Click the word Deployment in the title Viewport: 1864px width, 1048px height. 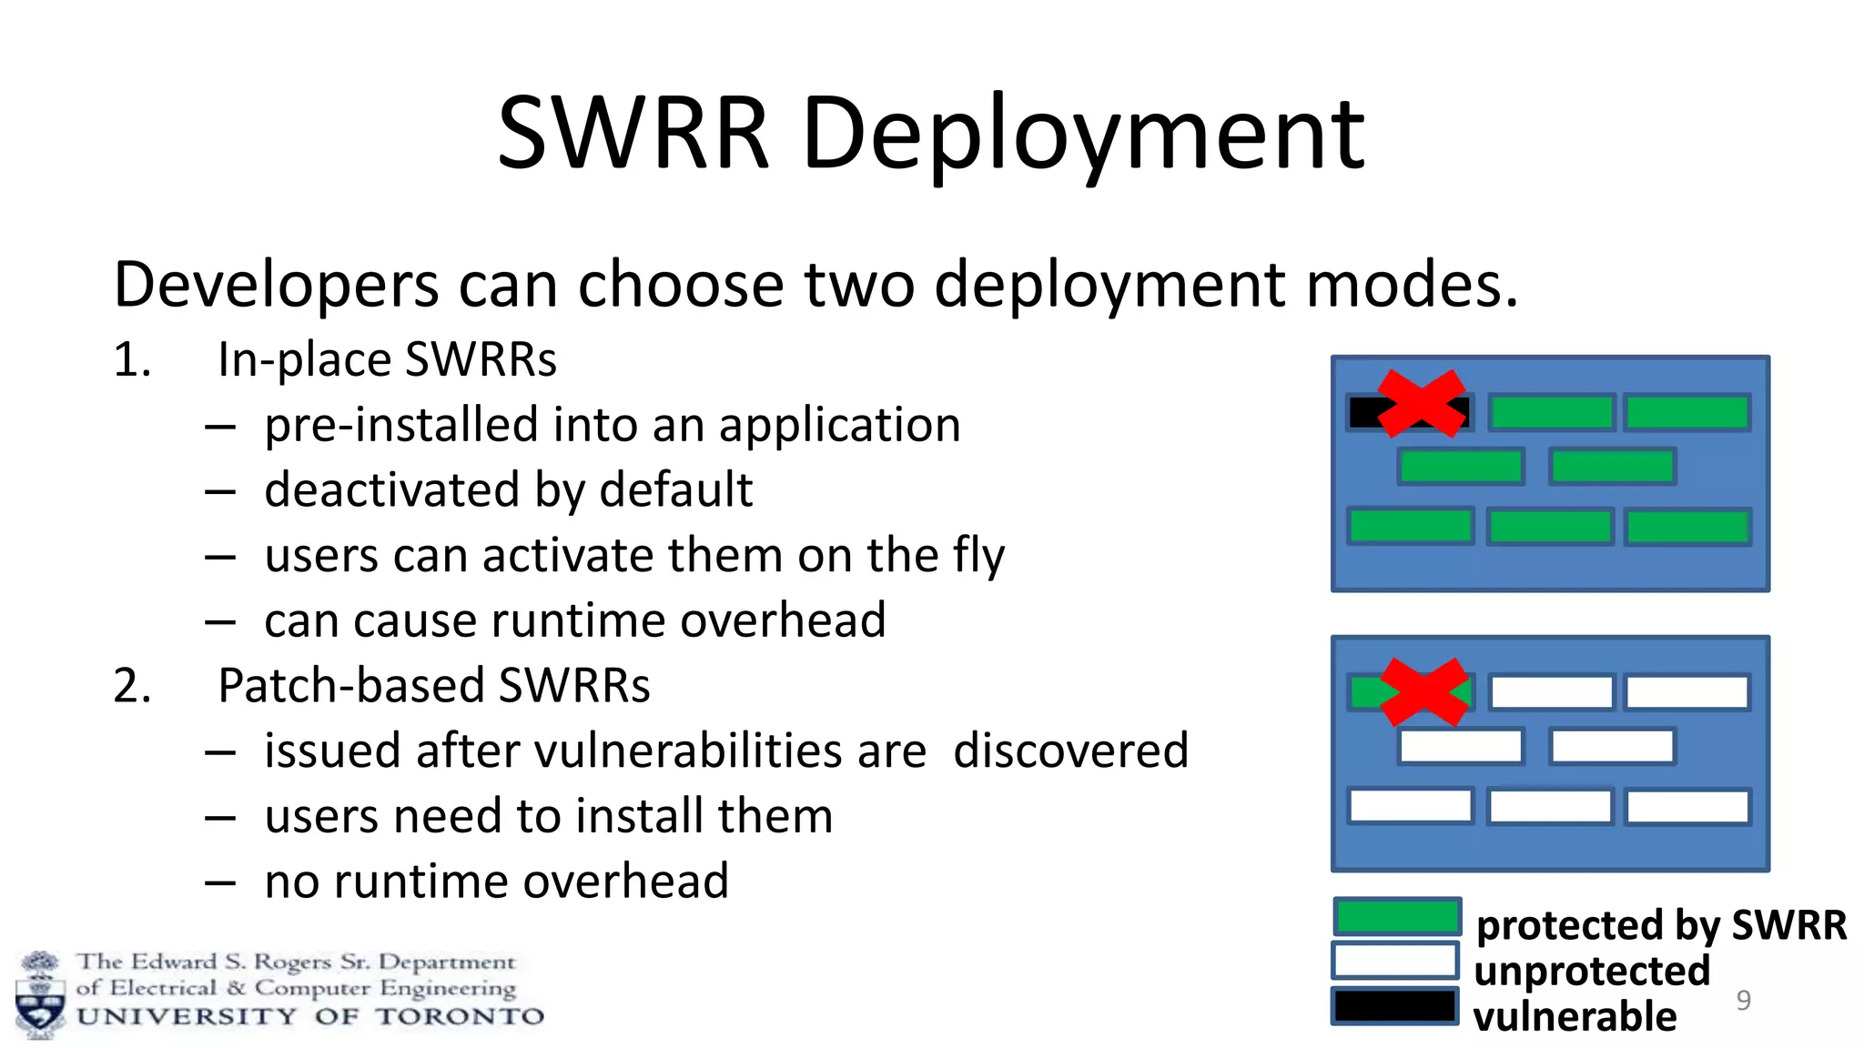click(1083, 135)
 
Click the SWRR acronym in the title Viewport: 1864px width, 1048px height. click(633, 135)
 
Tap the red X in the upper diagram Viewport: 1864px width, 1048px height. click(1422, 403)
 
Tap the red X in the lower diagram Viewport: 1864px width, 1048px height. click(1425, 692)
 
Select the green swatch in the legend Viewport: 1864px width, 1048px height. click(1396, 917)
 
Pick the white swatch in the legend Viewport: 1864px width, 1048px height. click(1395, 961)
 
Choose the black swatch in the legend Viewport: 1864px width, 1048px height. click(1395, 1006)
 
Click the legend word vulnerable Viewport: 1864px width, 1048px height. click(1575, 1016)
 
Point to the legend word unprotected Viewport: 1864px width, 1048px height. click(1592, 971)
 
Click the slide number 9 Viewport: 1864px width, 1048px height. click(1743, 1000)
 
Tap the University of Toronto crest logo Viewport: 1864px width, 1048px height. click(40, 994)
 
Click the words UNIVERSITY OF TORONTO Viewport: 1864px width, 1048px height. click(310, 1016)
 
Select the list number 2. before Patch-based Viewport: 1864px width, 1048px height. click(132, 685)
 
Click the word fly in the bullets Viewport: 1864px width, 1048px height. click(979, 556)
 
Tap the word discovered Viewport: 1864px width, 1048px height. click(1070, 751)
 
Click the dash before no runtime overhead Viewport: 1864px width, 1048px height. click(220, 882)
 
